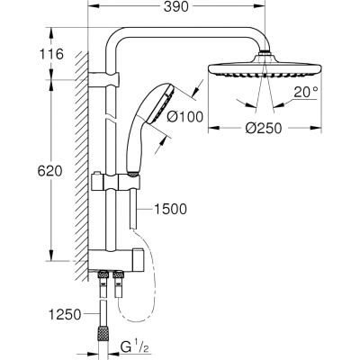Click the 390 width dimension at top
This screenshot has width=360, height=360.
[176, 7]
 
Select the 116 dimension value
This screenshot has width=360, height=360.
[51, 54]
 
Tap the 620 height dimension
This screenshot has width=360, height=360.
[49, 171]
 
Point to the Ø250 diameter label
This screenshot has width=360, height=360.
[264, 129]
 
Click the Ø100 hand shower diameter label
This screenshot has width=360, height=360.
[184, 116]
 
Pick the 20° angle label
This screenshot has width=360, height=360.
[306, 92]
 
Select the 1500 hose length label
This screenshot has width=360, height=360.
[170, 209]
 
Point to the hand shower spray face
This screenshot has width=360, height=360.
[160, 103]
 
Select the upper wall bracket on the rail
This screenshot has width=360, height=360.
[104, 79]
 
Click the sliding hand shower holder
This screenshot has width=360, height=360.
[115, 183]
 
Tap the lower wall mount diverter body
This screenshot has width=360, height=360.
[115, 259]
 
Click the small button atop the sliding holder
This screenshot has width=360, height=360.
[96, 174]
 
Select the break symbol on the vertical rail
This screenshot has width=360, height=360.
[111, 119]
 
